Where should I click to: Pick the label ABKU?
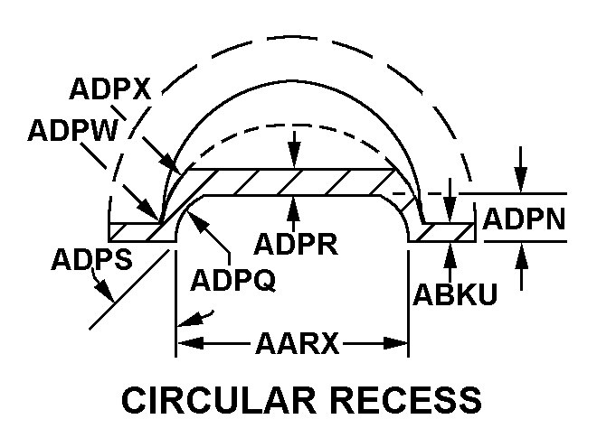[454, 294]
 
